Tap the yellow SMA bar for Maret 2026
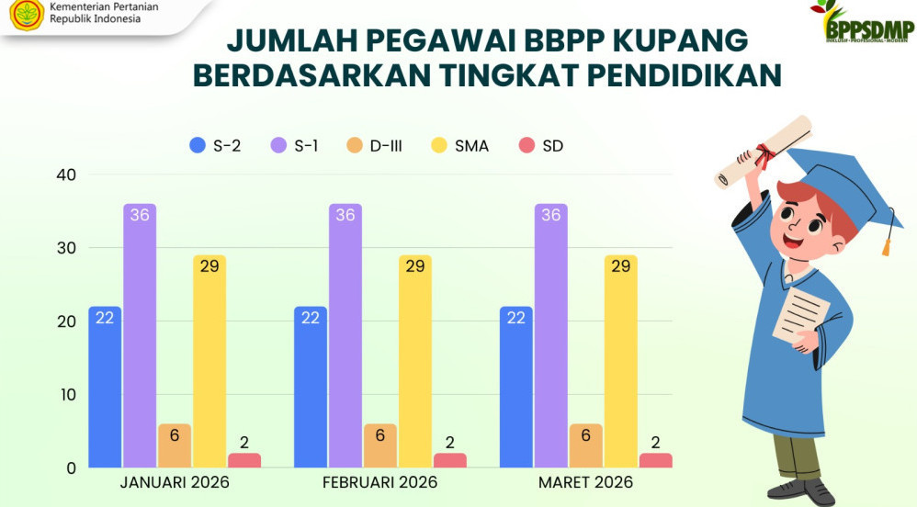point(621,362)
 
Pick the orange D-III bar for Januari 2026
point(175,446)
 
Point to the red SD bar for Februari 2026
point(450,460)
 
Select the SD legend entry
point(541,145)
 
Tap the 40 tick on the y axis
point(66,175)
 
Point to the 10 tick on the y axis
point(66,395)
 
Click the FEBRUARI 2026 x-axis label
point(380,483)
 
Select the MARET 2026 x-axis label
point(586,483)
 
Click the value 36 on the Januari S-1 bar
point(140,215)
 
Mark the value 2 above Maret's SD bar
point(656,443)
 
